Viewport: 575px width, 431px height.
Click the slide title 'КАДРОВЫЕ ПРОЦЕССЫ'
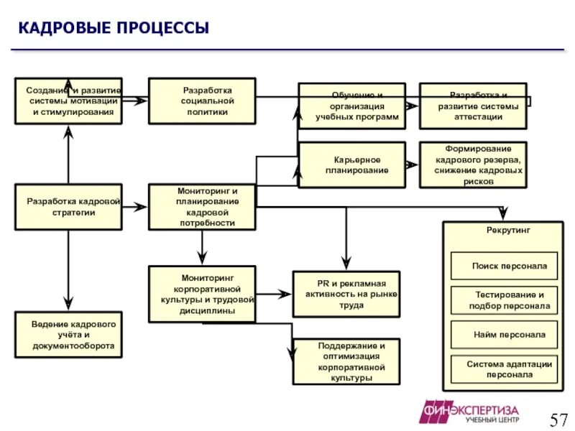point(114,29)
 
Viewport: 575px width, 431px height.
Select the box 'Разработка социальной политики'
point(202,101)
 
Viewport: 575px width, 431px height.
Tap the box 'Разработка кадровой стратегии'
point(68,207)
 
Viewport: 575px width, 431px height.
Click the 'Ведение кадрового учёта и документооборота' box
point(68,335)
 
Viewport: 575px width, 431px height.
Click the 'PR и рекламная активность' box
point(346,294)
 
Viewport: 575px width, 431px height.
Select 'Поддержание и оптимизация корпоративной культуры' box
point(346,361)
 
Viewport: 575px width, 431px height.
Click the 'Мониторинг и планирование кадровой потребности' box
point(202,207)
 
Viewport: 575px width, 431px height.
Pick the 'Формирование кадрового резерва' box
point(473,164)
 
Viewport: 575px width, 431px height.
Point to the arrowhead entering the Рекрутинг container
point(503,214)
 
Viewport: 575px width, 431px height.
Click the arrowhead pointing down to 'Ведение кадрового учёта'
point(68,304)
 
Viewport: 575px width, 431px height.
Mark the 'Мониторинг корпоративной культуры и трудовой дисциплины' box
point(202,293)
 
